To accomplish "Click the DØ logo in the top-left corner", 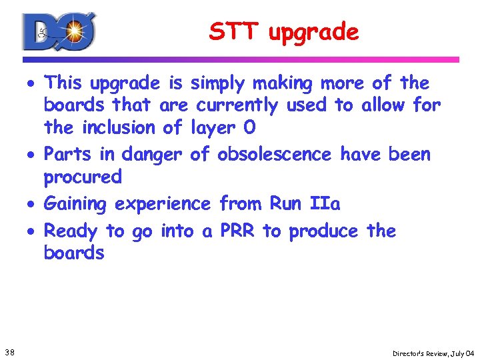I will [59, 31].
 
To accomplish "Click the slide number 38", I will [11, 351].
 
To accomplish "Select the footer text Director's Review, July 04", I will [433, 352].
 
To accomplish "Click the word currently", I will [237, 105].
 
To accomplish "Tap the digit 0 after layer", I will [249, 127].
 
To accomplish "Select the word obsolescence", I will [274, 155].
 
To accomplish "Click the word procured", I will [83, 177].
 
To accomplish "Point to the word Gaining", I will [74, 204].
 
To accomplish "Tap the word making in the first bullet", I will [283, 84].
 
